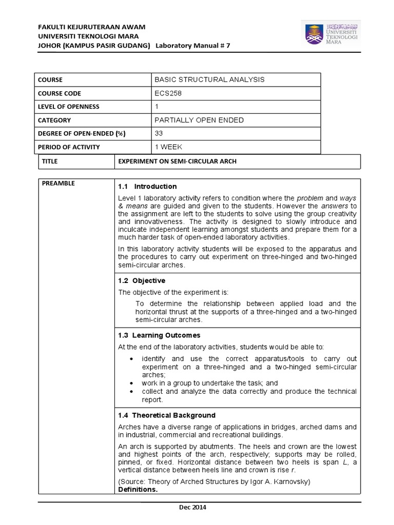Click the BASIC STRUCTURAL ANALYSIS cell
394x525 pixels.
pos(209,79)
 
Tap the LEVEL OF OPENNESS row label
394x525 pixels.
pos(69,107)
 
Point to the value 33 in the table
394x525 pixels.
pos(159,133)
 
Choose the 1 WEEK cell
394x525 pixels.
pos(169,147)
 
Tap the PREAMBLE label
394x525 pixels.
pos(58,184)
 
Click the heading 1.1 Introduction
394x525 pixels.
pos(147,187)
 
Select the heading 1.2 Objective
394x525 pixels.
pos(142,280)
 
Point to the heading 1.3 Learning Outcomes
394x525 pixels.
pos(159,335)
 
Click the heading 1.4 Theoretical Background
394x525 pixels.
pos(167,415)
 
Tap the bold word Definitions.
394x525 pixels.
pos(138,490)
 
